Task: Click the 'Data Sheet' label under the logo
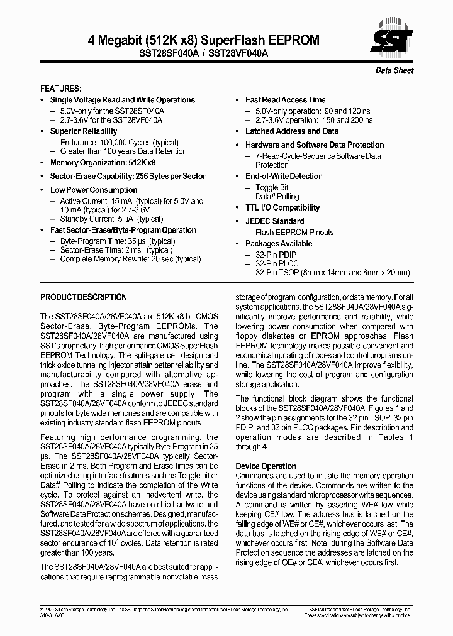point(394,70)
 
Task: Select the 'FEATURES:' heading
point(60,89)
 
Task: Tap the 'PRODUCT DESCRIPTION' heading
point(84,297)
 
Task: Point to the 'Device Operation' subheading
point(266,466)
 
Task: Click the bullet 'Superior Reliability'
point(84,131)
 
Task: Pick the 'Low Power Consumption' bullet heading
point(94,190)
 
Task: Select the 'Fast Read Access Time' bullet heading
point(286,100)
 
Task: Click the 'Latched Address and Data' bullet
point(292,131)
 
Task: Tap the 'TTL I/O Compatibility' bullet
point(282,207)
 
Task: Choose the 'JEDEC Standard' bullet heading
point(274,221)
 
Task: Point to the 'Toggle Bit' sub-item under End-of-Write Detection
point(272,187)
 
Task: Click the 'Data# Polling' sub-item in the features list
point(277,197)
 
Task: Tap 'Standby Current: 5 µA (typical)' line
point(111,219)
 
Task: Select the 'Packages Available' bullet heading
point(279,244)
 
